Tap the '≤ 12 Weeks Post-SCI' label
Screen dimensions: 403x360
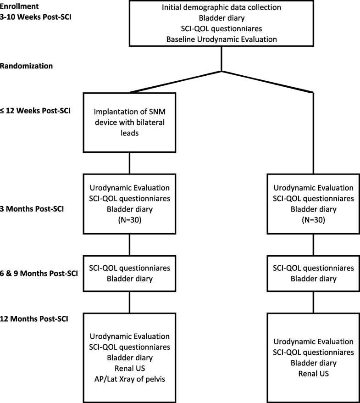pos(35,111)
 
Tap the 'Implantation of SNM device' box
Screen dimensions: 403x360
pos(130,122)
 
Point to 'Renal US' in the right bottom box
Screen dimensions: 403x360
pos(314,374)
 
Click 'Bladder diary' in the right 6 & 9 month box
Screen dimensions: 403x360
pos(314,279)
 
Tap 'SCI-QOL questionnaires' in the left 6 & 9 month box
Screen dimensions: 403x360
pos(130,268)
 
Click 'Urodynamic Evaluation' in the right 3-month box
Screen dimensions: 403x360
pos(314,188)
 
